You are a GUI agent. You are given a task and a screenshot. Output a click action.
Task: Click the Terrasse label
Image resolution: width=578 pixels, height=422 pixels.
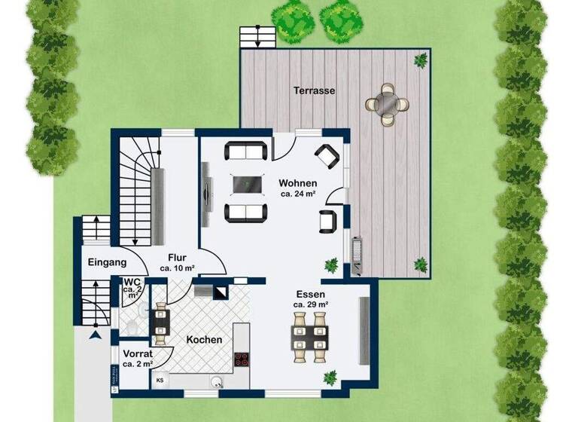pyautogui.click(x=315, y=90)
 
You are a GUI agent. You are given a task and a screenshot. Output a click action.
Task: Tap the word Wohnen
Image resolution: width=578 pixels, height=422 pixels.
pyautogui.click(x=298, y=183)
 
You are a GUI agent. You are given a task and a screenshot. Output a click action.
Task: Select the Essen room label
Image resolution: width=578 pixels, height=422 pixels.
pyautogui.click(x=310, y=294)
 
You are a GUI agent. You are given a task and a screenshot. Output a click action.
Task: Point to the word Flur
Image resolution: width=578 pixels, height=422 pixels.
pyautogui.click(x=178, y=256)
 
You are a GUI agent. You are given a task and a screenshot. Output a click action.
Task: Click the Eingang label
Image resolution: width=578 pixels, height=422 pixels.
pyautogui.click(x=107, y=263)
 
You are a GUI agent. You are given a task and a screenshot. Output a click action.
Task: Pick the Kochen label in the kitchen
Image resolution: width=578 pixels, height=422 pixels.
pyautogui.click(x=205, y=340)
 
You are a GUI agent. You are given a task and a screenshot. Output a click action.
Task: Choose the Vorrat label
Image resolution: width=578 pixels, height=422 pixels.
pyautogui.click(x=138, y=353)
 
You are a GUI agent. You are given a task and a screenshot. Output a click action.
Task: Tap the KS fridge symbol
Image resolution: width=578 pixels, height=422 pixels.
pyautogui.click(x=160, y=380)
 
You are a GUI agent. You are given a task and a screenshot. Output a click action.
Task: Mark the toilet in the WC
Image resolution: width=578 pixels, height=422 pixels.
pyautogui.click(x=132, y=326)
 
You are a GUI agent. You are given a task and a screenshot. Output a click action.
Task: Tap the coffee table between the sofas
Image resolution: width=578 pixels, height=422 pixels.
pyautogui.click(x=247, y=183)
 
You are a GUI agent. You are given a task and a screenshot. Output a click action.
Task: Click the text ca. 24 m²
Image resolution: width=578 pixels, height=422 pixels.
pyautogui.click(x=298, y=194)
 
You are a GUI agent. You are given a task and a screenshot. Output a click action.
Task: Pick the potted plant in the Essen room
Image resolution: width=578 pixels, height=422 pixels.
pyautogui.click(x=330, y=377)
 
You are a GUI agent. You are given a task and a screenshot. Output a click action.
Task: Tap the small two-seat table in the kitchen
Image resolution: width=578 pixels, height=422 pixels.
pyautogui.click(x=161, y=322)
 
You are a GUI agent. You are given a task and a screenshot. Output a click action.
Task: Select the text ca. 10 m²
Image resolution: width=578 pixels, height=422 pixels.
pyautogui.click(x=178, y=268)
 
